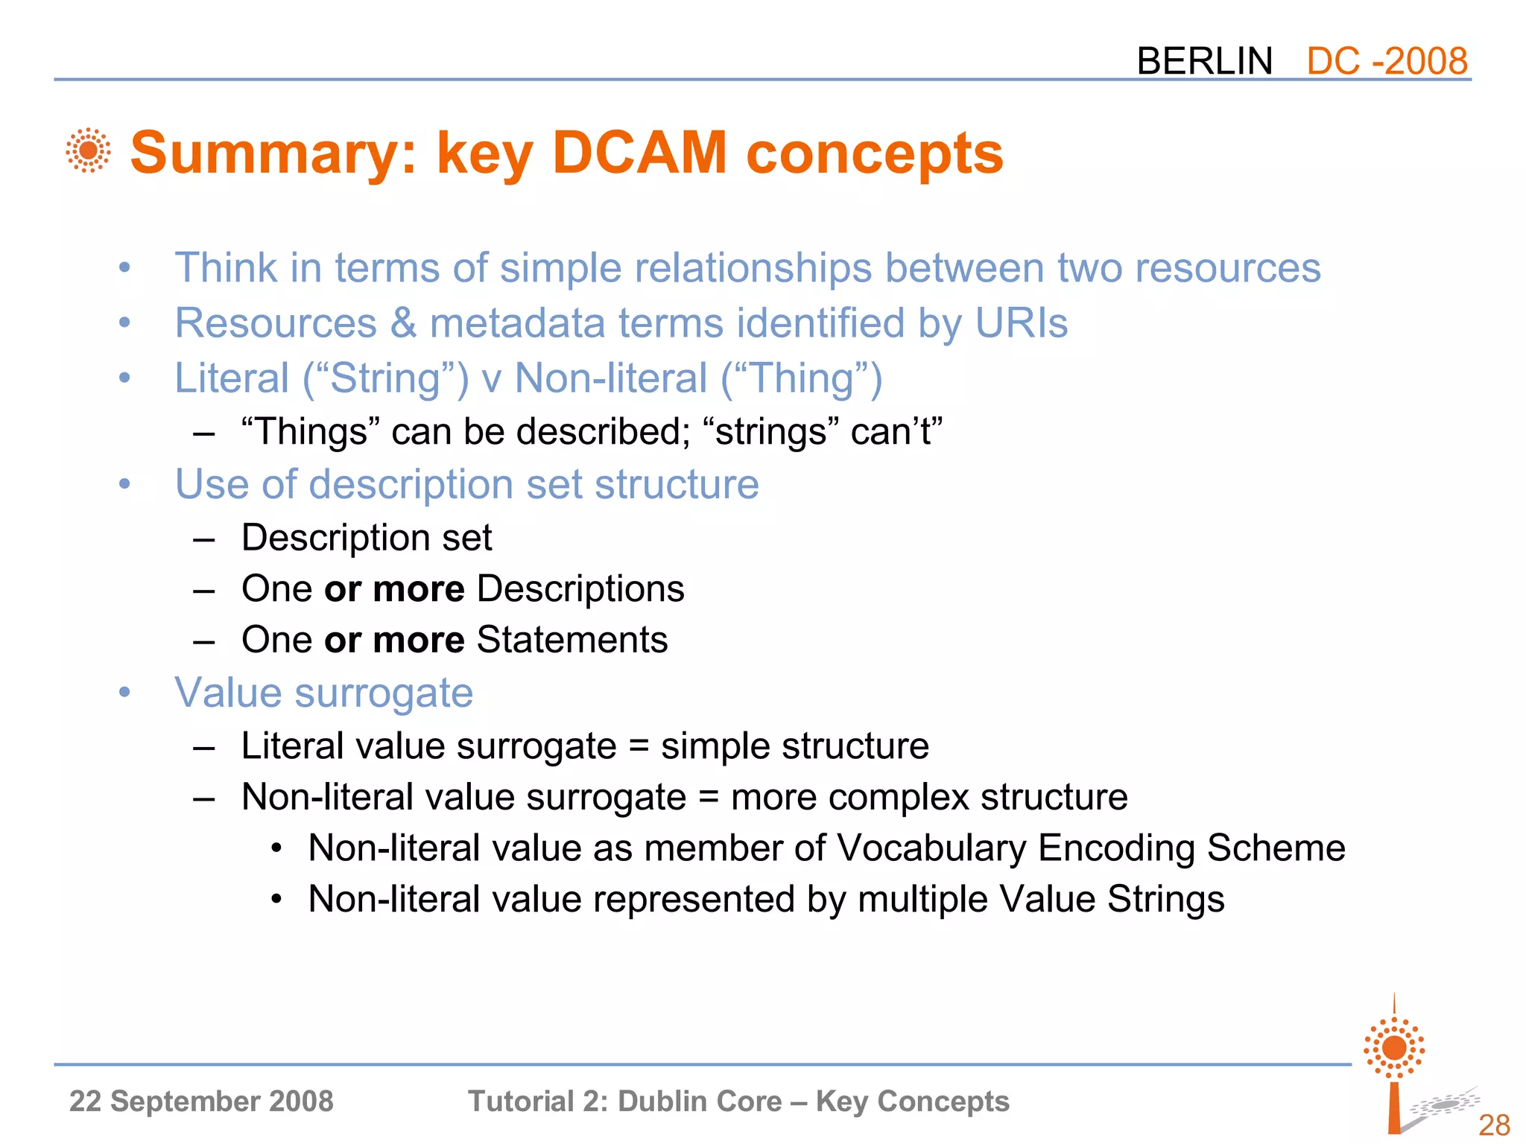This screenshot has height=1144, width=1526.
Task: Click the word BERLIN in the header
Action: point(1204,61)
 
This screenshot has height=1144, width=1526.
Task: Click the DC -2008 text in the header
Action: point(1387,61)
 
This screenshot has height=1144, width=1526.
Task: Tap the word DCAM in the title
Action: point(639,153)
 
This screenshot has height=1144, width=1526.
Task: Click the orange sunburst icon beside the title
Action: point(88,150)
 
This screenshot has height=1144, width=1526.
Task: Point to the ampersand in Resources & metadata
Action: point(403,323)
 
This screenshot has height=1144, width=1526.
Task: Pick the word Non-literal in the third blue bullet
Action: point(611,378)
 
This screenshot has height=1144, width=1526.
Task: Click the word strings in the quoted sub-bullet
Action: point(770,432)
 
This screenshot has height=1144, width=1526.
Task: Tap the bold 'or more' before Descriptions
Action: point(394,589)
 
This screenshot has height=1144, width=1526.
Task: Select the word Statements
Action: point(572,640)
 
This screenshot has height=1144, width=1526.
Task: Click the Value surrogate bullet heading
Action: point(323,693)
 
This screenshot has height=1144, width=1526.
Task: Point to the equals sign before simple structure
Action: point(639,746)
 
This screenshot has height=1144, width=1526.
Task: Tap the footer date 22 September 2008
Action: point(201,1102)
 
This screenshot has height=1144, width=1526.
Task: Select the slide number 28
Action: point(1493,1125)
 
